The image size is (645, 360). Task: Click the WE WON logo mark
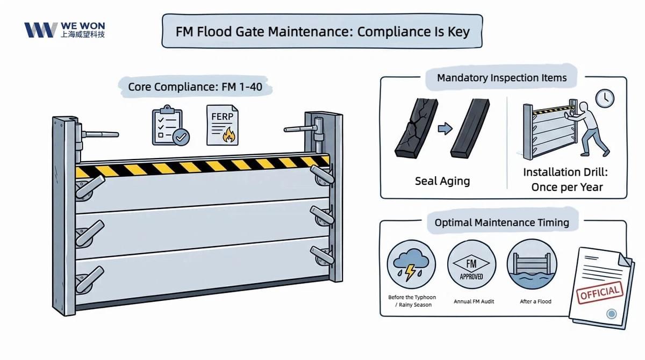coord(40,30)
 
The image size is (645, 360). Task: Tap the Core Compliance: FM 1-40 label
coord(195,87)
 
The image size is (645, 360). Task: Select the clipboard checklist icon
coord(168,126)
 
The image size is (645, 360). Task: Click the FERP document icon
coord(222,125)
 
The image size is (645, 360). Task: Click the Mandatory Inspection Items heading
coord(501,78)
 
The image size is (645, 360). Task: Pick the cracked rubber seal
coord(412,128)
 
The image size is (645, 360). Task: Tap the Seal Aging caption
coord(442,181)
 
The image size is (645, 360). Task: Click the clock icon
coord(605,97)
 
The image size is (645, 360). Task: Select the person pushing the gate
coord(589,128)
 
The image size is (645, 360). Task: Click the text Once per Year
coord(567,188)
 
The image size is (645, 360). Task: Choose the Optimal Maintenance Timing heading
coord(501,222)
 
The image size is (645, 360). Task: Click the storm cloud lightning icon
coord(412,265)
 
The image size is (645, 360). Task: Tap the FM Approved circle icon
coord(471,265)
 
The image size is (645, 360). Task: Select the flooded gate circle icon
coord(532,265)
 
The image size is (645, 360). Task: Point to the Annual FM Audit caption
coord(474,301)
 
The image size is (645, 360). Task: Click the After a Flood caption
coord(535,301)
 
